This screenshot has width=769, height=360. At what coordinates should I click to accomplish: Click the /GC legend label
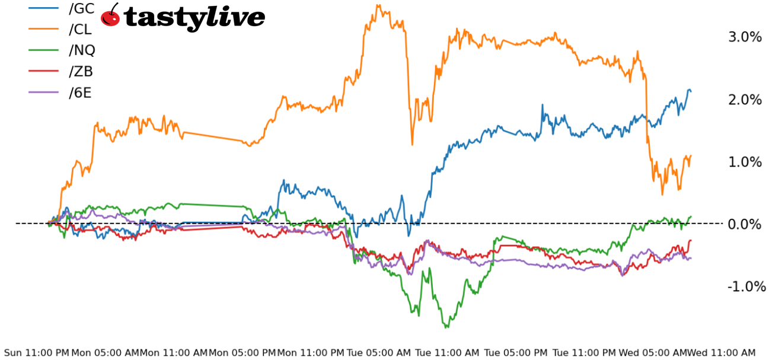pos(82,8)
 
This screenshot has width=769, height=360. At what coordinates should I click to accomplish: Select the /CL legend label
pos(81,29)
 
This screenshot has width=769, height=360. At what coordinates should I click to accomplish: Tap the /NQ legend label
pos(82,50)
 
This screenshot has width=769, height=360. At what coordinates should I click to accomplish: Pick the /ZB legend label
pos(81,71)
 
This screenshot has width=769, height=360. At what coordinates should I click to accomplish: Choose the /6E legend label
pos(80,93)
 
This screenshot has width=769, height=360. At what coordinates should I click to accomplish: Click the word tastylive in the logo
pos(194,17)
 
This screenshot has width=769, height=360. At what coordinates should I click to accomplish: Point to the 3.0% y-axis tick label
pos(745,37)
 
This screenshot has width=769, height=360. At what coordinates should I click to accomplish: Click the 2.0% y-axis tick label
pos(745,100)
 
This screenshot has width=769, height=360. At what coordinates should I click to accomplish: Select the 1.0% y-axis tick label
pos(745,162)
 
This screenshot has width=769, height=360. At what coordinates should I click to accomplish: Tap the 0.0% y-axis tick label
pos(745,224)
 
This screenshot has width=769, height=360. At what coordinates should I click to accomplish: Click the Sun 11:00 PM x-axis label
pos(36,353)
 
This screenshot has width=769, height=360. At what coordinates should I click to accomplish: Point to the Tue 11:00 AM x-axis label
pos(447,353)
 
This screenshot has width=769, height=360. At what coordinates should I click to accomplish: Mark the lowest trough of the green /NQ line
pos(446,327)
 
